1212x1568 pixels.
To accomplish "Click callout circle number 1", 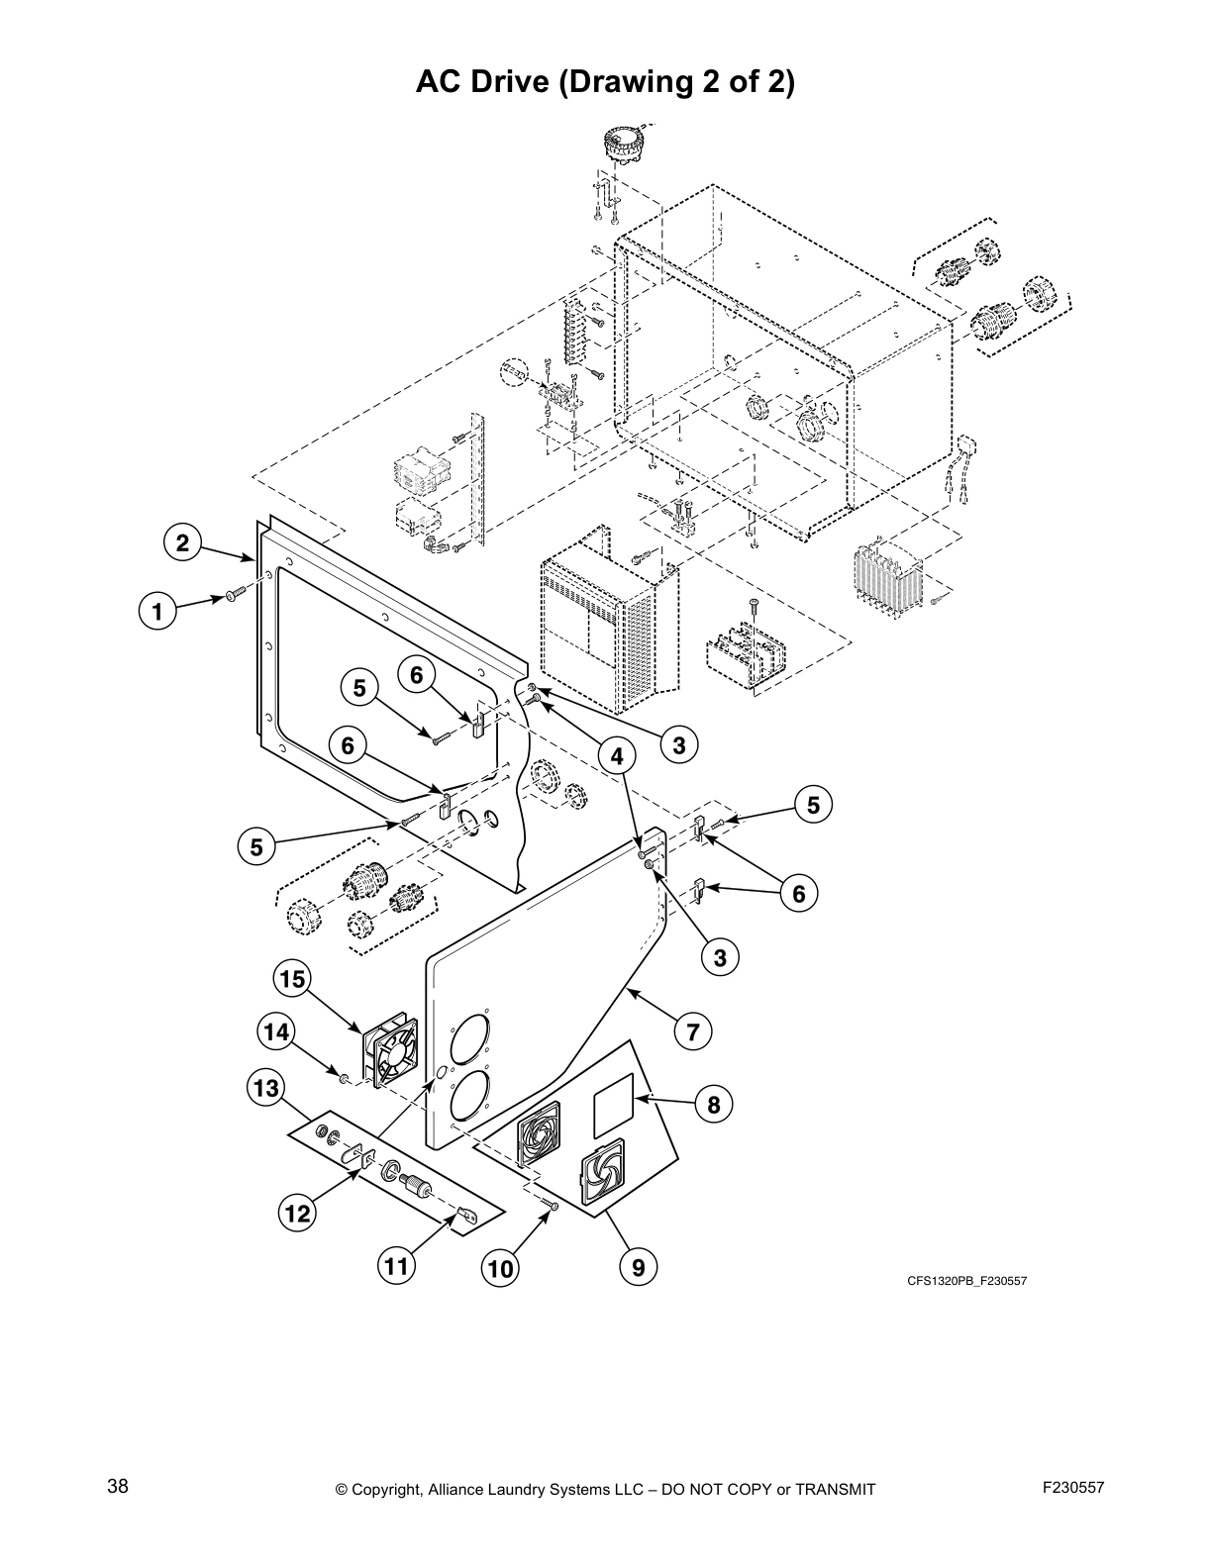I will tap(156, 611).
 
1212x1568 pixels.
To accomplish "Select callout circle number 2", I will tap(182, 542).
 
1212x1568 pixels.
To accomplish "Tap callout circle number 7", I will tap(693, 1032).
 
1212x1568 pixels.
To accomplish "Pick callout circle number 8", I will tap(714, 1104).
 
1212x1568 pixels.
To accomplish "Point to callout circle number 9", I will tap(639, 1267).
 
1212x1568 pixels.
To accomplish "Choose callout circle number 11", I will tap(396, 1266).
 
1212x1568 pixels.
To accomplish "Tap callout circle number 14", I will tap(276, 1032).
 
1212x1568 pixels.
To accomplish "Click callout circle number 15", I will tap(292, 979).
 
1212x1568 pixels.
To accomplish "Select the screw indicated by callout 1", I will tap(235, 594).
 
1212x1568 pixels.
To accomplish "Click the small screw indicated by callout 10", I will tap(551, 1204).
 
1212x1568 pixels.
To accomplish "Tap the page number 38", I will tap(118, 1486).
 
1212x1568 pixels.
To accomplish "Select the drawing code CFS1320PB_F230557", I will tap(967, 1281).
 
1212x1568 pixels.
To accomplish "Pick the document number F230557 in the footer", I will tap(1072, 1486).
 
